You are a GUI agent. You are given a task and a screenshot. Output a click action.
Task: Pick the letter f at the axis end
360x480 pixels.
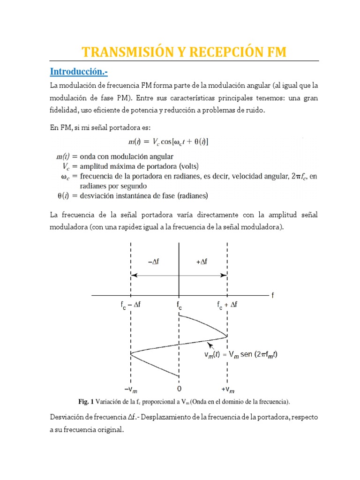[272, 296]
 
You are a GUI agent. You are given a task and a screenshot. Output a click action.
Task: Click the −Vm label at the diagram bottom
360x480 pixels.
[131, 390]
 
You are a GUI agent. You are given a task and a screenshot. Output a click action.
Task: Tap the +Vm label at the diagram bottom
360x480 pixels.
[227, 390]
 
